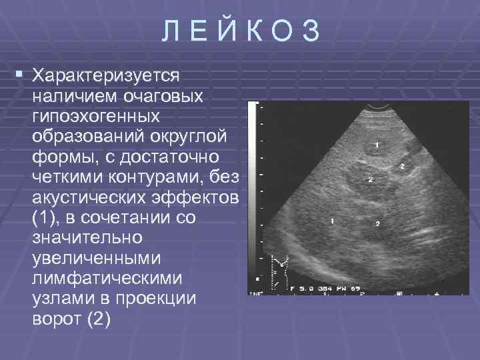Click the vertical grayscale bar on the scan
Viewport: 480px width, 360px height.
coord(253,193)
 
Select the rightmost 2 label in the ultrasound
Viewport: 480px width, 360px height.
coord(402,166)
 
